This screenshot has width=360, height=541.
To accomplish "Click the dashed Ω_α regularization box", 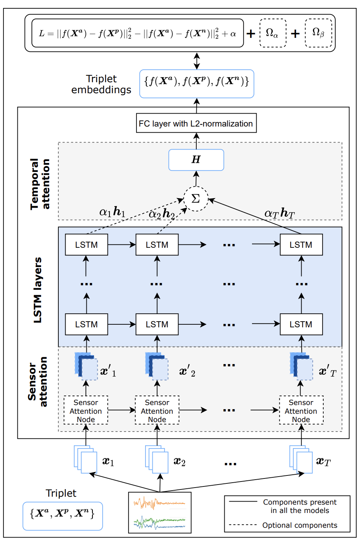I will tap(272, 33).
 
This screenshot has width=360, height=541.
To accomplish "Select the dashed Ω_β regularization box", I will tap(318, 33).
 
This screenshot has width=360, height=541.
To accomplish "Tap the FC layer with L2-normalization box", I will tap(196, 124).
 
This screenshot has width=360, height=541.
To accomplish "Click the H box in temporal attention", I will tap(196, 159).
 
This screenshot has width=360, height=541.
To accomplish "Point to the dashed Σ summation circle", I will tap(196, 199).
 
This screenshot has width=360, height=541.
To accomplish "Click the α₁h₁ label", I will tap(112, 212).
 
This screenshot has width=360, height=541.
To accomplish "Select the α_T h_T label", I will tap(279, 214).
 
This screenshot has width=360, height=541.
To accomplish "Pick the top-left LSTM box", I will tap(86, 245).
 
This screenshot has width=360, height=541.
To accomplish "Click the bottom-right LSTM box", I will tap(301, 324).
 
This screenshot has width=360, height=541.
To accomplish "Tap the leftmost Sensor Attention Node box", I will tap(86, 411).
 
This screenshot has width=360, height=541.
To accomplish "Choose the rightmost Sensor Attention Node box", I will tap(301, 411).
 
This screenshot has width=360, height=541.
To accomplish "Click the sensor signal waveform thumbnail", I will tap(160, 512).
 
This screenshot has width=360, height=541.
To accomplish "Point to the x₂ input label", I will tap(180, 461).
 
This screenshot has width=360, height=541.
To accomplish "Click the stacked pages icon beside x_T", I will tap(301, 459).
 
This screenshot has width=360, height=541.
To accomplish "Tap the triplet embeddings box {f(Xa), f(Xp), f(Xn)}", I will tap(196, 83).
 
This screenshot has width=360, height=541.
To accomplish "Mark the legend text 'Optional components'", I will tap(299, 525).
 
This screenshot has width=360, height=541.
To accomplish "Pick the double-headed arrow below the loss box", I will tap(196, 61).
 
